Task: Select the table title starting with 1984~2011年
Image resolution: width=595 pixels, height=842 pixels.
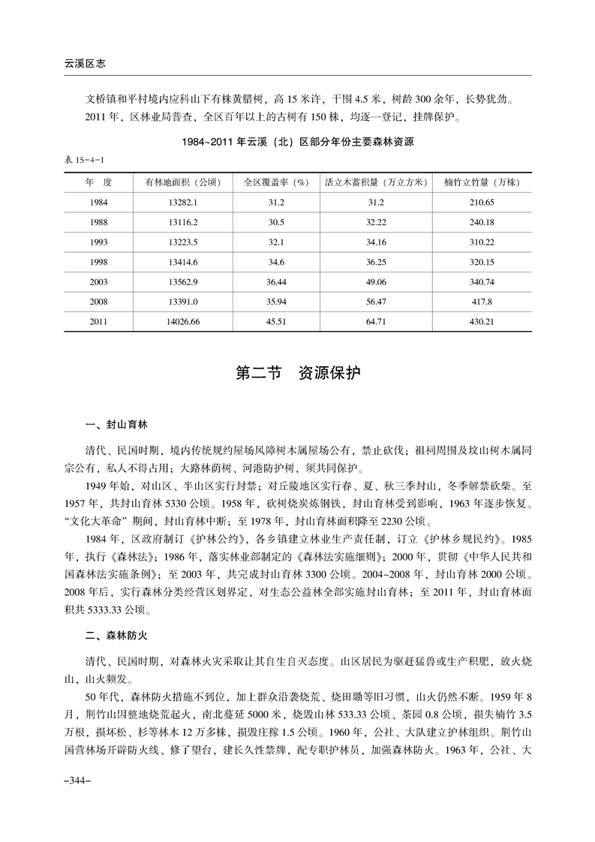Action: [x=298, y=142]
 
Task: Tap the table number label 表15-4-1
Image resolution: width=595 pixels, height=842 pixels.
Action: [x=83, y=160]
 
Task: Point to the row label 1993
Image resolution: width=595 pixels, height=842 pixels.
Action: [x=98, y=242]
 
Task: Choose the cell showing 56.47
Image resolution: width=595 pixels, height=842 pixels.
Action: [x=375, y=302]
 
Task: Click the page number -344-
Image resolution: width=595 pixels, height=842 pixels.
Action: [x=78, y=781]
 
